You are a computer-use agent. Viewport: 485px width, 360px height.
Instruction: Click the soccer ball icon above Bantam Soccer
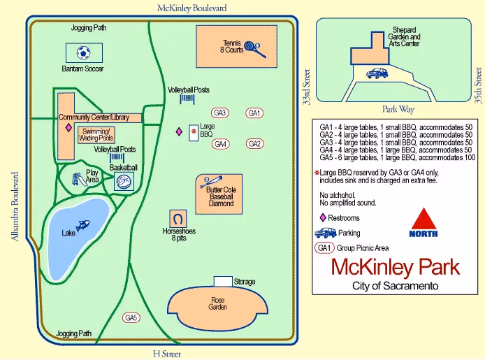[84, 52]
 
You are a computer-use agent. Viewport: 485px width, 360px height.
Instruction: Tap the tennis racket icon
[256, 50]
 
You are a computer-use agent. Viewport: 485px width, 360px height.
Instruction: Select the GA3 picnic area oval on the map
[221, 113]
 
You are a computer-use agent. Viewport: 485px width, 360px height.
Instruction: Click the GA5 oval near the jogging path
[131, 318]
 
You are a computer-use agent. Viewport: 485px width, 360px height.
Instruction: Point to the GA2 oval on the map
[254, 144]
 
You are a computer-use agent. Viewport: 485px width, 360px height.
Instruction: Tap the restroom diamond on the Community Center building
[68, 129]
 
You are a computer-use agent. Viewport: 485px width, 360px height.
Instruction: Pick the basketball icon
[124, 182]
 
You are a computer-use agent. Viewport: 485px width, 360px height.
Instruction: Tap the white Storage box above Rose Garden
[223, 281]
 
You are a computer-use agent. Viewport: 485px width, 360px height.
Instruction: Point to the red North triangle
[424, 219]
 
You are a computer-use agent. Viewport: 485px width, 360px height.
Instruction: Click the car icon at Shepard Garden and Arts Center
[377, 72]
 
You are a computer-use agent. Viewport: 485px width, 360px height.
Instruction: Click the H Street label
[167, 354]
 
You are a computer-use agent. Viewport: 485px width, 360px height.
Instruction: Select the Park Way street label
[398, 109]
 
